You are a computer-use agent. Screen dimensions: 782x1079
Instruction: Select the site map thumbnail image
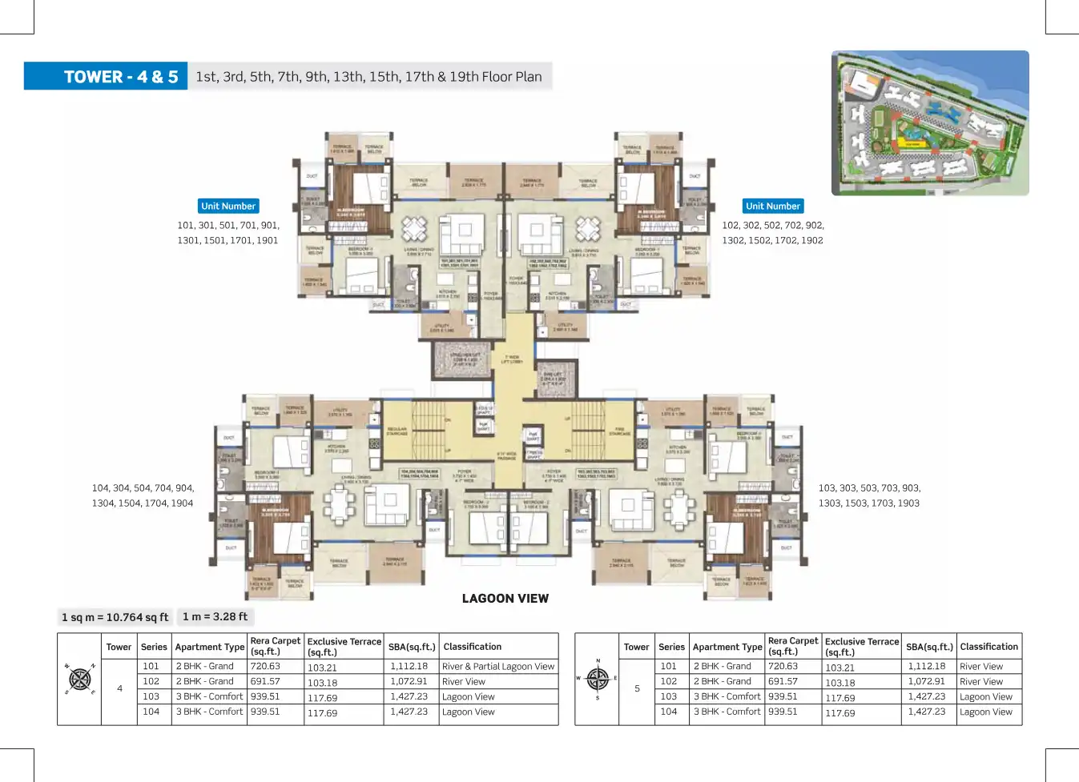(930, 123)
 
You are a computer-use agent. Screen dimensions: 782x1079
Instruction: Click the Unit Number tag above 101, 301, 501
(228, 207)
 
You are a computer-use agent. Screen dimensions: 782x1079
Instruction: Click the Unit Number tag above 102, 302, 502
(772, 207)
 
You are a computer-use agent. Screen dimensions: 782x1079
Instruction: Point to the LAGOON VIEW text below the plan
(505, 599)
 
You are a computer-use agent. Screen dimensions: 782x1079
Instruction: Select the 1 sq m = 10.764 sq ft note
(115, 617)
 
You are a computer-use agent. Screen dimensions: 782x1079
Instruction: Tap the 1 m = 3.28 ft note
(215, 616)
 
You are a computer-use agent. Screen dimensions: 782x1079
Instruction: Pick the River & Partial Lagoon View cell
(497, 667)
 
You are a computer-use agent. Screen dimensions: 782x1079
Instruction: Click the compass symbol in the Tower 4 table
(80, 680)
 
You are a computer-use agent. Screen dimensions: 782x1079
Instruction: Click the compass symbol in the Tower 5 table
(598, 679)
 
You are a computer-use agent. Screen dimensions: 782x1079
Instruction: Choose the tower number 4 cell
(119, 688)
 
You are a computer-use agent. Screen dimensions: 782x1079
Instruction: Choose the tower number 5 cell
(637, 688)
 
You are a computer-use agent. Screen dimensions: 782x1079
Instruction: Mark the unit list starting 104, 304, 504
(143, 495)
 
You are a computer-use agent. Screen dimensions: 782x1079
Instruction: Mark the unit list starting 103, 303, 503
(869, 495)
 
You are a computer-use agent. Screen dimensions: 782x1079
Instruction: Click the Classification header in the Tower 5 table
(988, 647)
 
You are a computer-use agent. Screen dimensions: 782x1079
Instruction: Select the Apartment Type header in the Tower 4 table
(209, 647)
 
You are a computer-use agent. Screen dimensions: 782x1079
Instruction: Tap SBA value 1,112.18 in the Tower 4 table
(409, 666)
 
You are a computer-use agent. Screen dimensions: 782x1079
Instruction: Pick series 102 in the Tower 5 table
(669, 681)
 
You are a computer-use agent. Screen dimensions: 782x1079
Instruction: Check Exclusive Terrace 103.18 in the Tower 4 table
(322, 683)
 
